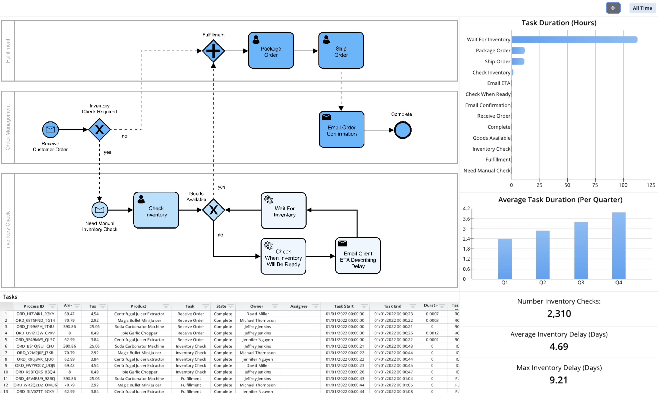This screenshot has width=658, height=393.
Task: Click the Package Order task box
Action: click(271, 50)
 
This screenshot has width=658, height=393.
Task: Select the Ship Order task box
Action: click(341, 50)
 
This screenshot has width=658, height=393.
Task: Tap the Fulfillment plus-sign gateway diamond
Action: click(213, 51)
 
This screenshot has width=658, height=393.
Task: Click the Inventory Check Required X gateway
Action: click(99, 130)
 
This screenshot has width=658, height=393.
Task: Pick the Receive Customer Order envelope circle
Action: click(50, 130)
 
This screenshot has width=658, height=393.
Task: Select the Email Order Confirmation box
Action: click(341, 130)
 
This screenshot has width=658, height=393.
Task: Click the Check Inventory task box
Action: click(156, 210)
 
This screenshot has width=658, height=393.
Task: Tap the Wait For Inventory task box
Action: click(284, 211)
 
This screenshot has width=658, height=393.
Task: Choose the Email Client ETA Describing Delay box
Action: click(358, 256)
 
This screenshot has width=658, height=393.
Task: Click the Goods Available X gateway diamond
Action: click(213, 210)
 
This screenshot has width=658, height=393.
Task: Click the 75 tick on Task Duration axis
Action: click(595, 185)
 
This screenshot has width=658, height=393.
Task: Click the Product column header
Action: click(138, 306)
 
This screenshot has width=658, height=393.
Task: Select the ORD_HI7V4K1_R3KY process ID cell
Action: click(35, 314)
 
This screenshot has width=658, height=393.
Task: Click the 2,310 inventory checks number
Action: click(559, 314)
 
